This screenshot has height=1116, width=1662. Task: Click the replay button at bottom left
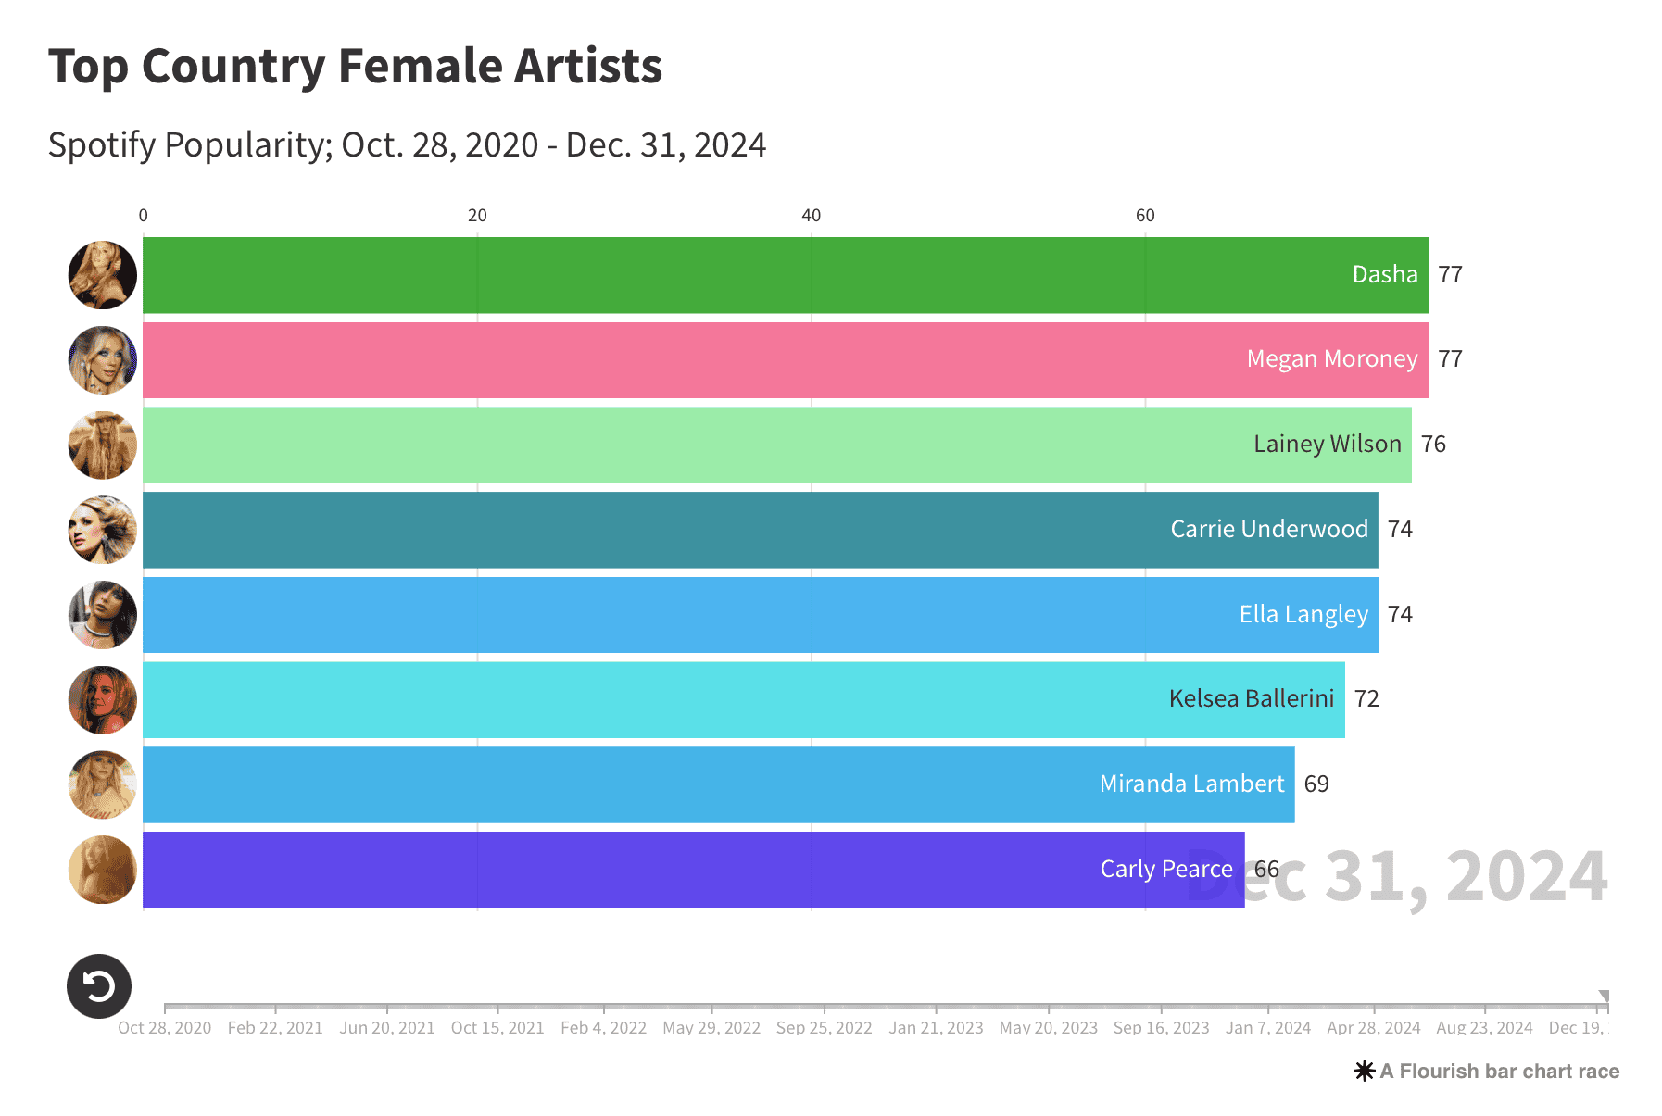[x=99, y=986]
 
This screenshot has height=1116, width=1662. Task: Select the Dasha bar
[x=741, y=275]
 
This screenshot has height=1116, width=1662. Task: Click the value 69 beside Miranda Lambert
[x=1316, y=784]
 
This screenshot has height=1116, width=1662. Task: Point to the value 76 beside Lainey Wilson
[x=1433, y=445]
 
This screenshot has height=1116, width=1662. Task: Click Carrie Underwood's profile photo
[x=103, y=530]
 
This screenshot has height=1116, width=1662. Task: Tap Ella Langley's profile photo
[x=103, y=615]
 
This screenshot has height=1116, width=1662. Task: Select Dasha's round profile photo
[x=103, y=275]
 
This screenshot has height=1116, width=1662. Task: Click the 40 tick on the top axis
[x=812, y=216]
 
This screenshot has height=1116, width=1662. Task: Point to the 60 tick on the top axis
[x=1145, y=216]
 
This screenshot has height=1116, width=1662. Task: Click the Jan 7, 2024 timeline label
[x=1267, y=1028]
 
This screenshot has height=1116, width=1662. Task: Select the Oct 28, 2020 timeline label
[x=165, y=1028]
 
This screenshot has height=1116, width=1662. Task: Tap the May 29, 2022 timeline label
[x=711, y=1028]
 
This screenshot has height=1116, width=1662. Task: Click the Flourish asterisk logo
[x=1364, y=1072]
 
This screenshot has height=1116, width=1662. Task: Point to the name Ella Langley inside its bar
[x=1303, y=615]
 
